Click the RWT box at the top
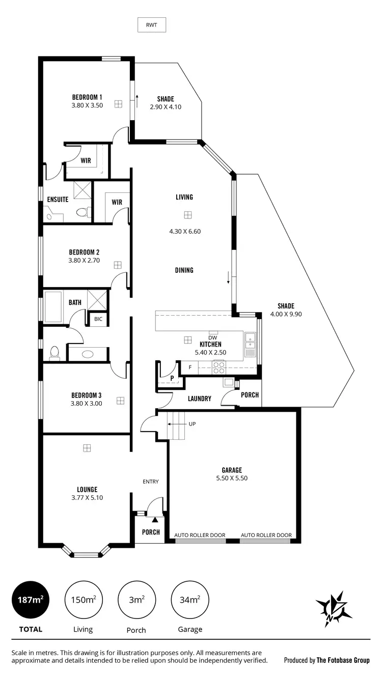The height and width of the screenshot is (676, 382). tap(152, 24)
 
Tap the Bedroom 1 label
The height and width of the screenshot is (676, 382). tap(87, 97)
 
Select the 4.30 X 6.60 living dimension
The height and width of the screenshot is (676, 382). tap(185, 231)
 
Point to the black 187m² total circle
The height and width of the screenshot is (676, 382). tap(31, 600)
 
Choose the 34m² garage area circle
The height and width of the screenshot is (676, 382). tap(190, 600)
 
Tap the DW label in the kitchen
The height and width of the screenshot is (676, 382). tap(212, 337)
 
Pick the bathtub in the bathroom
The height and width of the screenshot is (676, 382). tap(53, 306)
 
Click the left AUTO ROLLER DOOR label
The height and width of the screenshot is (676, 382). tap(200, 535)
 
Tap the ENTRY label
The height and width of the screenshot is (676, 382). tap(151, 482)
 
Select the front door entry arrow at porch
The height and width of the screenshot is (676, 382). tap(155, 520)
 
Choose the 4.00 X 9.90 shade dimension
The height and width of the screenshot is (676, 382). tap(286, 314)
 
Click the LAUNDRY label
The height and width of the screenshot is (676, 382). tap(199, 399)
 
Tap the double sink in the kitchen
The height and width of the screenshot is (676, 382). tap(250, 342)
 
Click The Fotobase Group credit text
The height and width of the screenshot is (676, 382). tap(327, 660)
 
